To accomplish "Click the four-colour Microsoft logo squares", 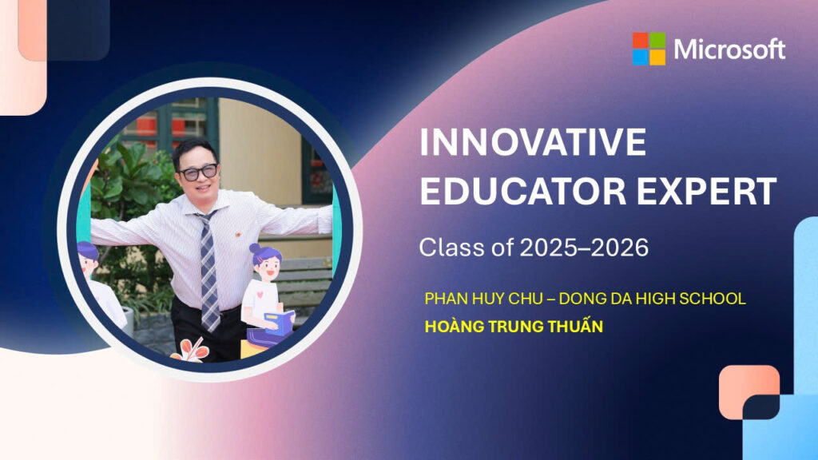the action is pos(649,49).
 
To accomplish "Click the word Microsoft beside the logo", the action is pos(729,50).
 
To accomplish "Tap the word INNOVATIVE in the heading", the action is pos(533,142).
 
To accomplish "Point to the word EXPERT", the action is pos(706,191).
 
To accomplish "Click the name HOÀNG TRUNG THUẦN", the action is pos(514,327).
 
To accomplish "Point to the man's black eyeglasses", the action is pos(198,172).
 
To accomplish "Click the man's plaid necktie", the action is pos(208,272).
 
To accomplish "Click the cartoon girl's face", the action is pos(268,271).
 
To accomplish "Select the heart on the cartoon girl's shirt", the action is pos(260,295).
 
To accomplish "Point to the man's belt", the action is pos(208,309).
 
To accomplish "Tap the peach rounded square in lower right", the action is pos(749,392).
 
